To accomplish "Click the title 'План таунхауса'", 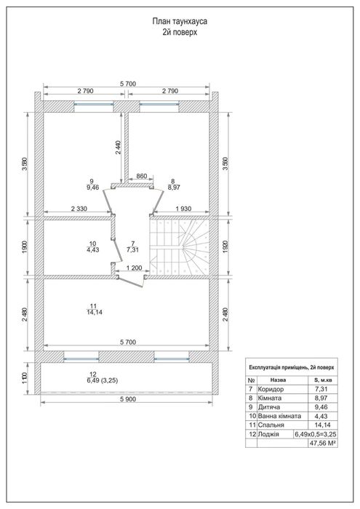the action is (180, 21).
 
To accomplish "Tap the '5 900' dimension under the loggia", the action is (128, 399).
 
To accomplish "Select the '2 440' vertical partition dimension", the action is (118, 148).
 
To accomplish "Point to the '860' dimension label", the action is (142, 176).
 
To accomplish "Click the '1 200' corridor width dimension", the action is (134, 268).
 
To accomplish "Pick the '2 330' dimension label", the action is (79, 209).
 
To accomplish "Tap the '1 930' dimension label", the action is (183, 209).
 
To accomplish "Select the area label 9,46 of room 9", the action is (92, 187).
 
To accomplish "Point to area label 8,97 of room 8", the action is (174, 187).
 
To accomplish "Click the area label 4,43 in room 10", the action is (92, 249).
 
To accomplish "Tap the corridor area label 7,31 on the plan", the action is (133, 249).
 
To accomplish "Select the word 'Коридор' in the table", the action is (271, 389).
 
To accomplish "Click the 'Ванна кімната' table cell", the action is (279, 416).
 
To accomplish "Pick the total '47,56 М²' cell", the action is (323, 443).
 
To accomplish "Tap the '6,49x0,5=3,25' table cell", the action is (316, 434).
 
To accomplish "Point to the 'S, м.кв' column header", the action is (323, 380).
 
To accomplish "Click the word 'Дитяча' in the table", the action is (269, 407).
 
